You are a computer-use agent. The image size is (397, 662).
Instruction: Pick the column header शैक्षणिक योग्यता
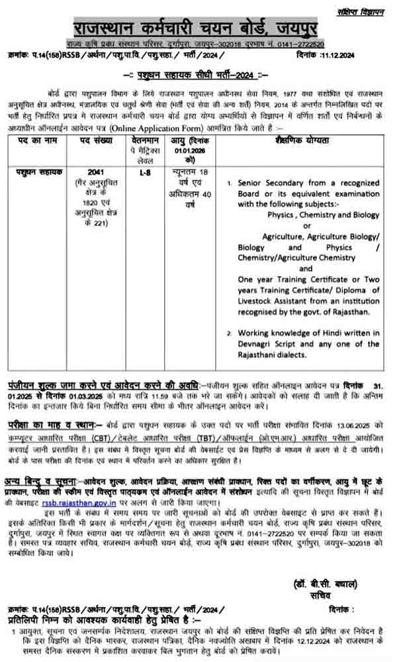(x=303, y=141)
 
